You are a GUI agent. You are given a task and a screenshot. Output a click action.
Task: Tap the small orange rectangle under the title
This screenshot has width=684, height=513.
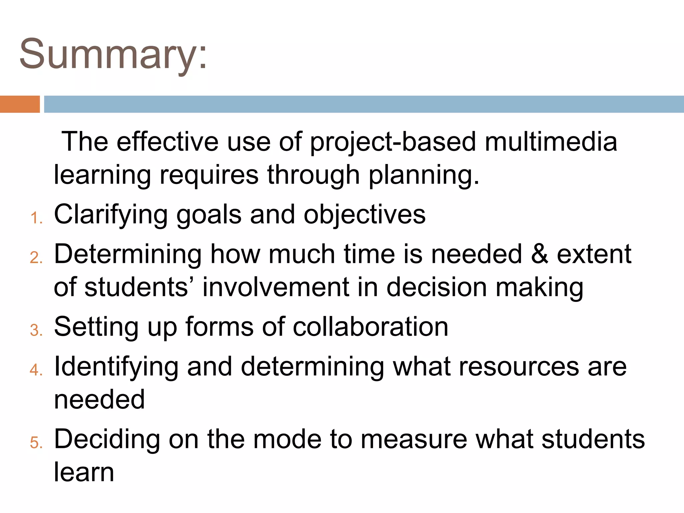point(20,104)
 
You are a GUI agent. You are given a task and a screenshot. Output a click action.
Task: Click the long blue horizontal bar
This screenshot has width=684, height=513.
point(363,104)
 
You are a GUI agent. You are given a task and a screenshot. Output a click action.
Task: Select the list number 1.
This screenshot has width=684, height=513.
point(36,218)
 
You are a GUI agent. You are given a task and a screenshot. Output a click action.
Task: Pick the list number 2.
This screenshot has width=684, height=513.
point(36,258)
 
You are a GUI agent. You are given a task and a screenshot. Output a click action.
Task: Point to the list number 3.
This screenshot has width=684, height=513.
point(36,331)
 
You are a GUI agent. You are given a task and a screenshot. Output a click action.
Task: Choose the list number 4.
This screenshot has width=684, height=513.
point(36,370)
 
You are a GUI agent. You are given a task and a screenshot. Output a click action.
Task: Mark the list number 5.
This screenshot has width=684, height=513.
point(36,443)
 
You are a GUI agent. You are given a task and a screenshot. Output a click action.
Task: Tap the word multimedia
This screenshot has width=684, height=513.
point(551,142)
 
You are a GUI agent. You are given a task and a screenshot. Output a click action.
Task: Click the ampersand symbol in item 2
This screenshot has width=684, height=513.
point(539,254)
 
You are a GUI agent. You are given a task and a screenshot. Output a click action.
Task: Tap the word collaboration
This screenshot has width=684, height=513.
point(370,327)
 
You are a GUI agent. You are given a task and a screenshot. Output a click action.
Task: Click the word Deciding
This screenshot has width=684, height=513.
point(107,439)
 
